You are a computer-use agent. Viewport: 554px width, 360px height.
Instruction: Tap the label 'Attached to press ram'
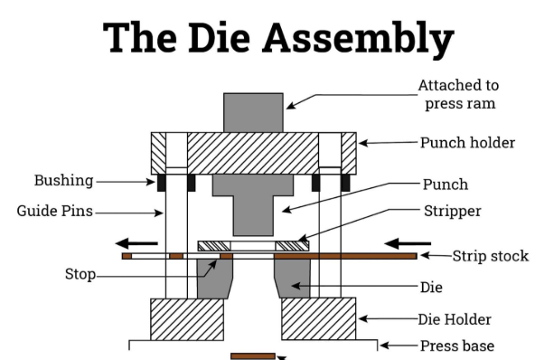point(458,94)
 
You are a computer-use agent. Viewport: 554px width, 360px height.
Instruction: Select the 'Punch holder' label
point(467,142)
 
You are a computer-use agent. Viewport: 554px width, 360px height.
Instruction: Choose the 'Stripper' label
point(455,212)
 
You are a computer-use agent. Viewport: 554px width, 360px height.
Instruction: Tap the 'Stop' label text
point(80,273)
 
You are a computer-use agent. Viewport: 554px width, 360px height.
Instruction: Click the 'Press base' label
point(457,345)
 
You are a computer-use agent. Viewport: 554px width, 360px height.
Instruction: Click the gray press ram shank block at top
point(253,112)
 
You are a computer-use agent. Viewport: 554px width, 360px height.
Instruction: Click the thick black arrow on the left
point(138,242)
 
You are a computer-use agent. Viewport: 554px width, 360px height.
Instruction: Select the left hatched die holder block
point(187,318)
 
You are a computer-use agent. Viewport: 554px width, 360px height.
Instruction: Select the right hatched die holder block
point(318,318)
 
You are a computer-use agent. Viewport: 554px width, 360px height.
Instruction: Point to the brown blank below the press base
point(252,355)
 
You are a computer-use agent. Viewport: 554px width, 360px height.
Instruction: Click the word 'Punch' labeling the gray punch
point(446,185)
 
